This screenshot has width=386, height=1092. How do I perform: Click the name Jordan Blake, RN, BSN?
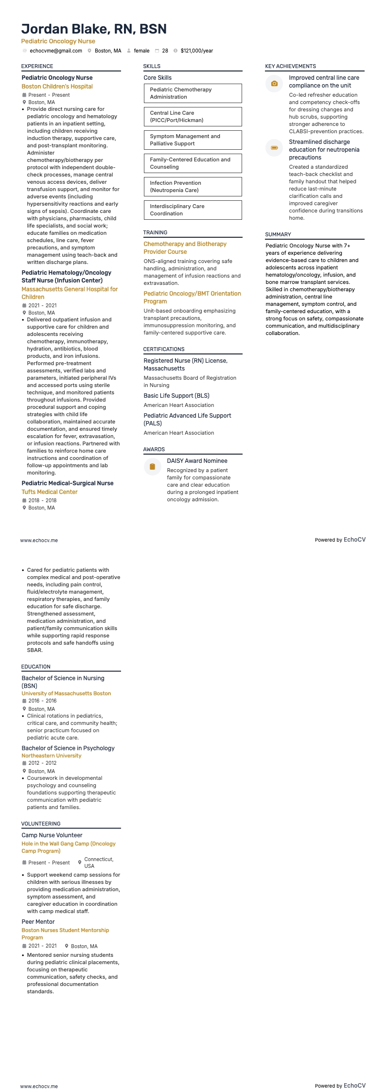pyautogui.click(x=94, y=29)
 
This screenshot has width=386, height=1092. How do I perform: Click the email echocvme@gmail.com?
pyautogui.click(x=56, y=51)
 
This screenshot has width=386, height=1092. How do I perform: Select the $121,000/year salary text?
pyautogui.click(x=196, y=51)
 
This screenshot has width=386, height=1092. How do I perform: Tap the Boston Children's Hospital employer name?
pyautogui.click(x=57, y=87)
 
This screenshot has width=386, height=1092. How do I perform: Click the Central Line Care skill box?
pyautogui.click(x=193, y=117)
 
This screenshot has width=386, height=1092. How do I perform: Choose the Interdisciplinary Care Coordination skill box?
pyautogui.click(x=193, y=210)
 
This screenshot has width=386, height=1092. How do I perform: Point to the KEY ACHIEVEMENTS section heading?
pyautogui.click(x=290, y=66)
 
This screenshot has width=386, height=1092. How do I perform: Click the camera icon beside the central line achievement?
pyautogui.click(x=274, y=84)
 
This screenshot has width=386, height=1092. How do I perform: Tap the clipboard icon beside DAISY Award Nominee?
pyautogui.click(x=152, y=467)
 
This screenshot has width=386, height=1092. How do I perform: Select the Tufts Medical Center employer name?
pyautogui.click(x=50, y=492)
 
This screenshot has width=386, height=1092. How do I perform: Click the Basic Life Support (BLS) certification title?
pyautogui.click(x=176, y=396)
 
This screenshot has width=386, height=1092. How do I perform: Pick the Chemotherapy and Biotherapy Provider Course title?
pyautogui.click(x=185, y=248)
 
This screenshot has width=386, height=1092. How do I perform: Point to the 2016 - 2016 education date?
pyautogui.click(x=42, y=701)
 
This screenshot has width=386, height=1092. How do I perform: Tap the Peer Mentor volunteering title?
pyautogui.click(x=38, y=922)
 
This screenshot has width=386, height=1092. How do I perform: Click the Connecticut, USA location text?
pyautogui.click(x=99, y=863)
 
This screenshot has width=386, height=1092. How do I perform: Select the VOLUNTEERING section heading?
pyautogui.click(x=41, y=824)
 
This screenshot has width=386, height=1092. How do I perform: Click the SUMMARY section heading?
pyautogui.click(x=278, y=234)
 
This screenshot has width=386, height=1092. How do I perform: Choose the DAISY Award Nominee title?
pyautogui.click(x=197, y=461)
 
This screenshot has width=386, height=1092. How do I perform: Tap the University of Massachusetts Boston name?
pyautogui.click(x=66, y=693)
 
